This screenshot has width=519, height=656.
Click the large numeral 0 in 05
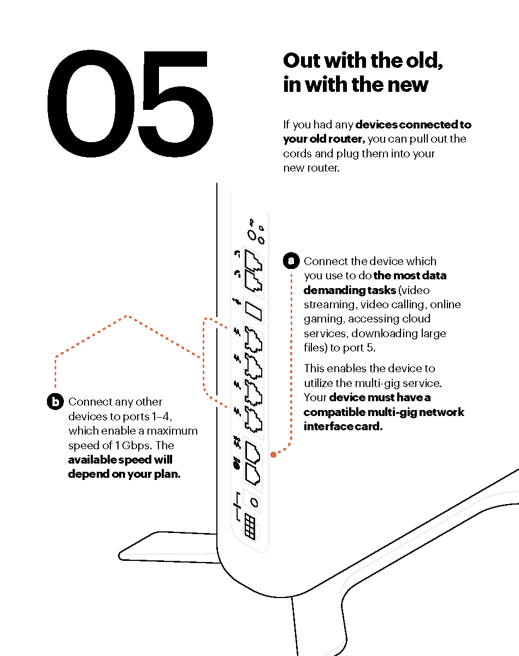tap(91, 104)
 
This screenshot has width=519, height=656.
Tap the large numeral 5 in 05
tap(175, 104)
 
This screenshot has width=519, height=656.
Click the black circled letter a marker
tap(291, 261)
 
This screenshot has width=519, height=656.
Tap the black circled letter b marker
tap(55, 401)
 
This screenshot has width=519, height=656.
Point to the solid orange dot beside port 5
tap(273, 455)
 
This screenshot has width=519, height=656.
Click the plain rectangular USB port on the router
tap(253, 312)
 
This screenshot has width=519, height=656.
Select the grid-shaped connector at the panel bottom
tap(250, 528)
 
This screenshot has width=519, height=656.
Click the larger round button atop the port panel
tap(252, 235)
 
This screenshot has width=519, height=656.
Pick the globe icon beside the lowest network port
tap(237, 465)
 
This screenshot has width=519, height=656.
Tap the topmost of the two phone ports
tap(253, 261)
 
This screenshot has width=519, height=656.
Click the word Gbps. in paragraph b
tap(137, 446)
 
